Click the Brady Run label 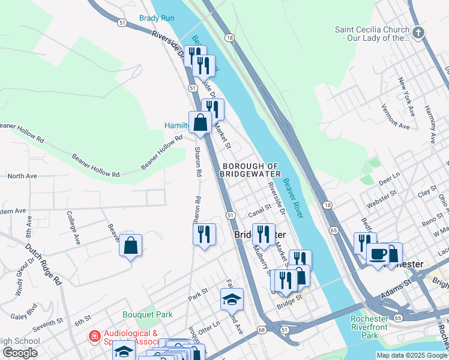tap(157, 18)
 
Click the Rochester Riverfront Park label tap(369, 327)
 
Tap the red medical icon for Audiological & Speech tap(94, 337)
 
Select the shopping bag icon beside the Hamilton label tap(200, 123)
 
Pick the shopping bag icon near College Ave tap(130, 245)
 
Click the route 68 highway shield tap(262, 329)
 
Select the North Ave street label tap(22, 176)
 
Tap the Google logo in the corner tap(20, 353)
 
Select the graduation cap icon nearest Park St tap(231, 298)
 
